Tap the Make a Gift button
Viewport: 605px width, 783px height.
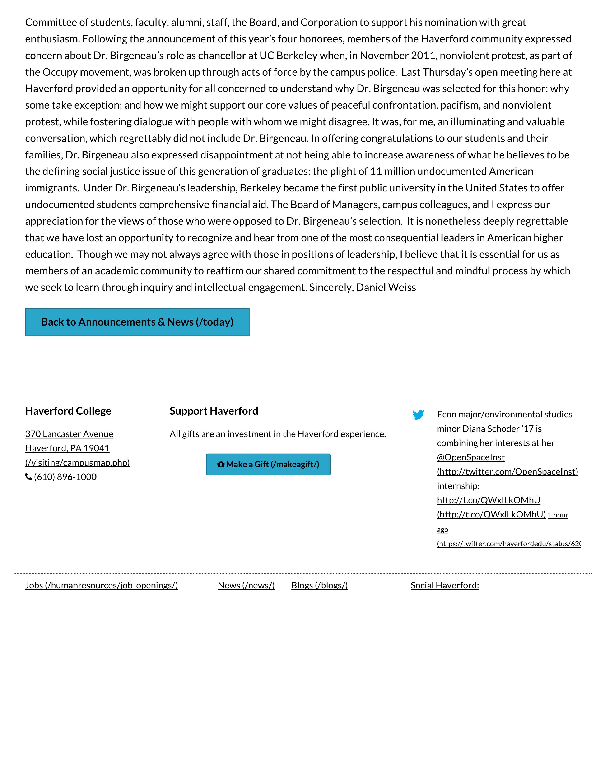pyautogui.click(x=268, y=464)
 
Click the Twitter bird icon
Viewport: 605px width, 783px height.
pyautogui.click(x=418, y=415)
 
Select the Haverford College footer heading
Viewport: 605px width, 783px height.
pyautogui.click(x=68, y=411)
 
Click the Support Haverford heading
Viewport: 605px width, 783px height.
pyautogui.click(x=214, y=411)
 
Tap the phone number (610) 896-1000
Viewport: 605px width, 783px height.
pyautogui.click(x=65, y=477)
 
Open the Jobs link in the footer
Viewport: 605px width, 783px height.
pyautogui.click(x=102, y=585)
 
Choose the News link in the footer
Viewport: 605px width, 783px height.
pyautogui.click(x=246, y=585)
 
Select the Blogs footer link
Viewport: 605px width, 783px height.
pyautogui.click(x=319, y=585)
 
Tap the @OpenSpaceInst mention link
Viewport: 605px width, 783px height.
pyautogui.click(x=471, y=457)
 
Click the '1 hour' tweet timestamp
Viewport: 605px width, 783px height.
pyautogui.click(x=558, y=515)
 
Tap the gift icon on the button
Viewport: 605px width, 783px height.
pyautogui.click(x=221, y=464)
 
